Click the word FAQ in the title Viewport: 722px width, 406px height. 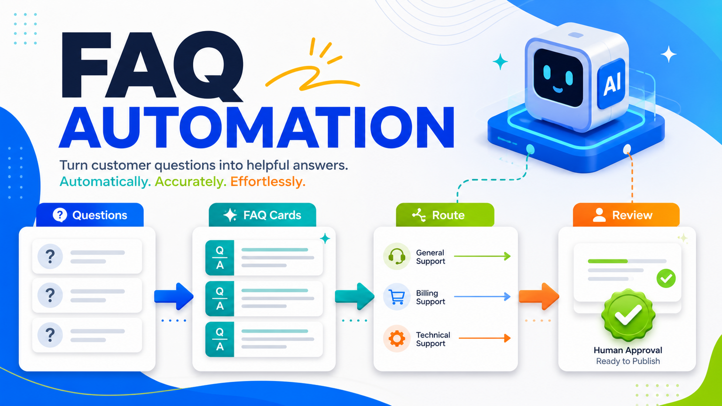tap(152, 66)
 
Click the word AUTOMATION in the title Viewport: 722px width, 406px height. tap(257, 128)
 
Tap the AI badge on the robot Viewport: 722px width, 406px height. tap(612, 84)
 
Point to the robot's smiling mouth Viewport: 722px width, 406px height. tap(557, 89)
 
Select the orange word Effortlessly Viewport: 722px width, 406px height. tap(268, 182)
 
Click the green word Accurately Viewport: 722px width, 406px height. tap(190, 182)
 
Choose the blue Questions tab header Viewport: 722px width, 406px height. tap(90, 215)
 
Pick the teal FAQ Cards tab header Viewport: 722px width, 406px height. tap(262, 215)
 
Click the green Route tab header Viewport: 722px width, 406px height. tap(445, 215)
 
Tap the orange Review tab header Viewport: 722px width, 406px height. tap(626, 215)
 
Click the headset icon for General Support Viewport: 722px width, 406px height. tap(396, 257)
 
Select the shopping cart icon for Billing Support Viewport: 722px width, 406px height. tap(396, 297)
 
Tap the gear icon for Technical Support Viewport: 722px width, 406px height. tap(396, 338)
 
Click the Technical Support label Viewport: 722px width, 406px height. tap(433, 339)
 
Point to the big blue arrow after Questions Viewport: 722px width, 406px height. tap(174, 296)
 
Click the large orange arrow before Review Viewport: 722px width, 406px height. tap(539, 296)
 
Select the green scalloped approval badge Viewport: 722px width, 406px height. tap(628, 315)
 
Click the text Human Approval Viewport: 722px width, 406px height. tap(628, 350)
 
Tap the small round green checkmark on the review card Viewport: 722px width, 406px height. tap(666, 278)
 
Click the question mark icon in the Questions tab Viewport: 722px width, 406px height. tap(60, 215)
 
